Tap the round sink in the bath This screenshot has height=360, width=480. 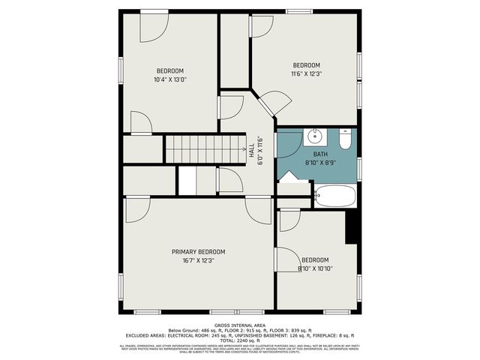pos(315,137)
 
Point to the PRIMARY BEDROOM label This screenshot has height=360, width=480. pos(198,252)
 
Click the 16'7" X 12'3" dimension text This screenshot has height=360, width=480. pos(198,260)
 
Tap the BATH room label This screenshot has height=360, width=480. pos(320,154)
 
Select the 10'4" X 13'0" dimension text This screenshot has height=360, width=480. pos(169,79)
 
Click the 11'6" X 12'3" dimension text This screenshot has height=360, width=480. pos(306,73)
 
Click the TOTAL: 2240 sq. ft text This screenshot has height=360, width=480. pos(239,340)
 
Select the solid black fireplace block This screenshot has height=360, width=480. pos(350,226)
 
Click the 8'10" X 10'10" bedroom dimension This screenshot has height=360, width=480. pos(316,268)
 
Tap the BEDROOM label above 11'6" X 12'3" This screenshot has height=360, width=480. pos(306,65)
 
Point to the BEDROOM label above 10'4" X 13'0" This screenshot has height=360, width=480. pos(169,71)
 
